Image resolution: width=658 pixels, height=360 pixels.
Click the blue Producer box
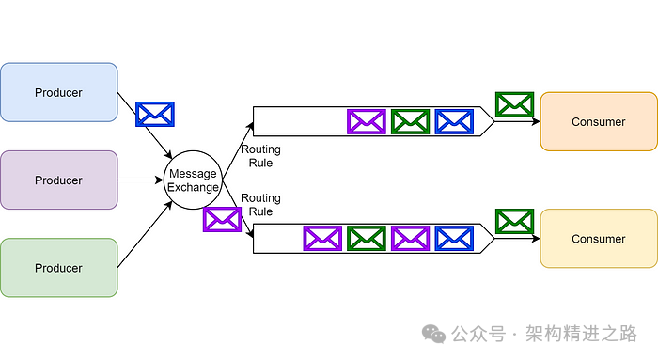point(58,92)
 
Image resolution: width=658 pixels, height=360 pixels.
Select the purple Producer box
point(58,180)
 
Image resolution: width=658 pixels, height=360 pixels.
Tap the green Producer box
point(58,268)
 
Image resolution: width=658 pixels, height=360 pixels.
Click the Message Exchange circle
point(192,180)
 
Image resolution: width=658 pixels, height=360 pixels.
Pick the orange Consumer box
point(598,121)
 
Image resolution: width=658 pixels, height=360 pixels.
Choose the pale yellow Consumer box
point(598,239)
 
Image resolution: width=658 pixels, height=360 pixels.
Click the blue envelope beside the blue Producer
point(155,114)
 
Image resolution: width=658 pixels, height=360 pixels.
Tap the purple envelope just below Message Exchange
point(222,219)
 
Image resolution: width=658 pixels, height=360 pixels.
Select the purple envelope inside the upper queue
point(366,121)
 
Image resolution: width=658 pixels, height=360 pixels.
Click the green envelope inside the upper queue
point(410,121)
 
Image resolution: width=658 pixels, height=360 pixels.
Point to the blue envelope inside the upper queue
point(454,121)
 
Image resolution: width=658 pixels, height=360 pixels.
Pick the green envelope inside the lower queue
point(366,238)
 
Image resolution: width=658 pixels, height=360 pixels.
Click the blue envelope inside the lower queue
point(454,238)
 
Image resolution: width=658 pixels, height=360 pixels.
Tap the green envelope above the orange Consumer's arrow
point(514,104)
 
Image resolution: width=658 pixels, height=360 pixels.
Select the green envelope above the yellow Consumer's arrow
point(514,221)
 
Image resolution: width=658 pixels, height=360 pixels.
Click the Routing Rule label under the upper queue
point(260,156)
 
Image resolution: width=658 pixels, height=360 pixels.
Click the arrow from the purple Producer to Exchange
point(141,180)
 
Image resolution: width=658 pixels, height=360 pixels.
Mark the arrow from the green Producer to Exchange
point(146,234)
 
